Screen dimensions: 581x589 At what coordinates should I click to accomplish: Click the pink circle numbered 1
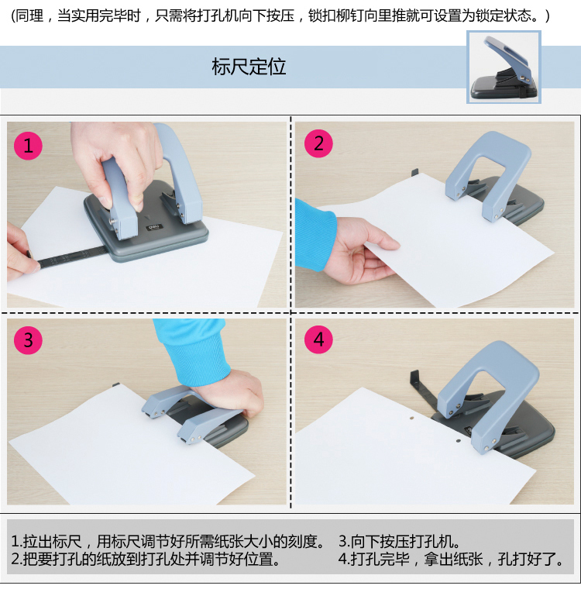28,146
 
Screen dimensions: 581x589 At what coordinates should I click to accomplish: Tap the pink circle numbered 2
318,143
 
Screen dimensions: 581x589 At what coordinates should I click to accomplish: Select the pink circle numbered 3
28,340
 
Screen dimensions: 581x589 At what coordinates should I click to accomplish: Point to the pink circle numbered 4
318,339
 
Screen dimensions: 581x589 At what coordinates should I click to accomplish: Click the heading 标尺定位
249,67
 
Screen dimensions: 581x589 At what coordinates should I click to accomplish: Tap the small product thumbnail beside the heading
504,67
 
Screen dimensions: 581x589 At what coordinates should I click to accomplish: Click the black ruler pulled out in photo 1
67,257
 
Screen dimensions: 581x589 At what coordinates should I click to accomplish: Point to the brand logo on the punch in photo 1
154,228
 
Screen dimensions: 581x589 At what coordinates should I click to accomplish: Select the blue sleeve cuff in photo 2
315,235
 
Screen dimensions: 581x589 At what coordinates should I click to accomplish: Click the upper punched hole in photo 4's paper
412,417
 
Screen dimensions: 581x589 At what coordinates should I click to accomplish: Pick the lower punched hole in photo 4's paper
458,441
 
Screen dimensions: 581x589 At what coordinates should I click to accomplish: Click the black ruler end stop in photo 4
414,379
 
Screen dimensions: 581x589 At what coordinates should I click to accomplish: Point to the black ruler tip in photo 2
414,173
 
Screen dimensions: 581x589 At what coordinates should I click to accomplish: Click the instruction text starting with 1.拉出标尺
167,541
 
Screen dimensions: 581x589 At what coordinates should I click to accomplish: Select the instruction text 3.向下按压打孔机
399,541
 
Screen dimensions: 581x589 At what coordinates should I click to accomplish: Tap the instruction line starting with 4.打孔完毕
450,559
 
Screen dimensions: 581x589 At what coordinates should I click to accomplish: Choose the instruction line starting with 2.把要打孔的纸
146,559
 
